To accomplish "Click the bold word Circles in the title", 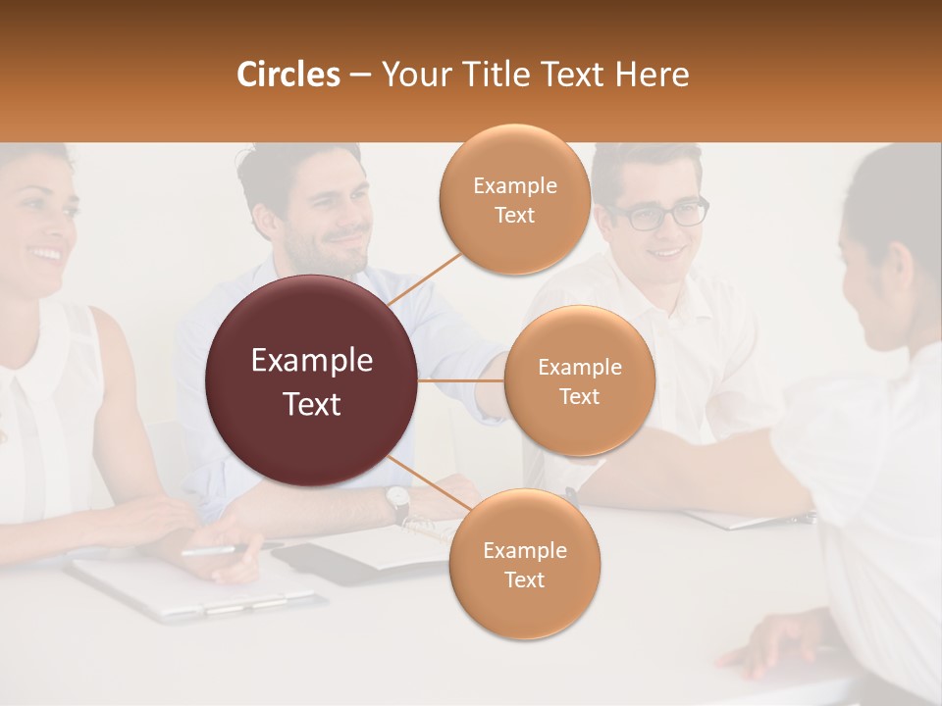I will pyautogui.click(x=288, y=75).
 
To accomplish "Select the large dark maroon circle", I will pyautogui.click(x=312, y=380).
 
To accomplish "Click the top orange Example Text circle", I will pyautogui.click(x=514, y=200).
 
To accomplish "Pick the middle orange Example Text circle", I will pyautogui.click(x=579, y=380).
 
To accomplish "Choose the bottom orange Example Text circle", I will pyautogui.click(x=524, y=564).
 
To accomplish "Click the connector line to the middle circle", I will pyautogui.click(x=461, y=380).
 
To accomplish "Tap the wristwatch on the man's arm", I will pyautogui.click(x=397, y=502).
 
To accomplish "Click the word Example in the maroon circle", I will pyautogui.click(x=312, y=361).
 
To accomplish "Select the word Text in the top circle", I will pyautogui.click(x=514, y=216).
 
